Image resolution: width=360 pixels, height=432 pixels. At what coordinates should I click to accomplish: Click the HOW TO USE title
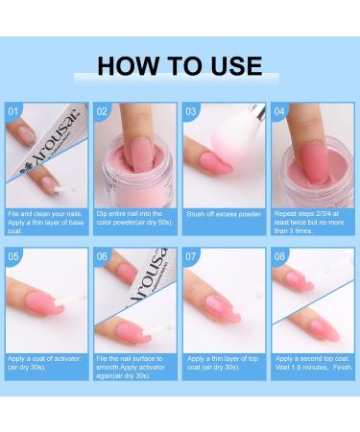coord(180,65)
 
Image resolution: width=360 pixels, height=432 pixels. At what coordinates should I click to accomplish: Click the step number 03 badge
coord(192,111)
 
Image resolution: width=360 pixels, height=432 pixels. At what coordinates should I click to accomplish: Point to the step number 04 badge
coord(279,111)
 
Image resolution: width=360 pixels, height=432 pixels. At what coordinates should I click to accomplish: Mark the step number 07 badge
coord(192,256)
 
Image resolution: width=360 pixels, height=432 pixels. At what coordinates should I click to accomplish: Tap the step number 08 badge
coord(279,256)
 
